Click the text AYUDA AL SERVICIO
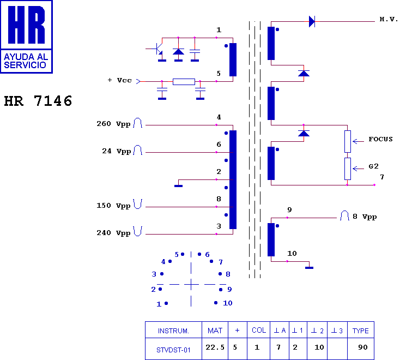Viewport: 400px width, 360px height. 26,61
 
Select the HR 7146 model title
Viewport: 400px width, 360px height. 38,101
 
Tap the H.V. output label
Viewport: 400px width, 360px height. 389,20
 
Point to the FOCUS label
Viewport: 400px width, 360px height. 380,139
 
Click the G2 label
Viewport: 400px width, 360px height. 373,166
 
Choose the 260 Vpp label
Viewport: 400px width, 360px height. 113,124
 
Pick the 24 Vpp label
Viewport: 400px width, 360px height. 116,151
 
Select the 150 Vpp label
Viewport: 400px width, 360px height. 113,206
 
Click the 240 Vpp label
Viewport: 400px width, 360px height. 113,232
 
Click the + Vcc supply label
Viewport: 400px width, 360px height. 120,80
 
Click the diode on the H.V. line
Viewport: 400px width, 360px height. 312,21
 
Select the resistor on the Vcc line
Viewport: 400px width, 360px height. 184,82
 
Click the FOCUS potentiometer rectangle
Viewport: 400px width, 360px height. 347,141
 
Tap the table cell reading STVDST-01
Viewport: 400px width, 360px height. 173,350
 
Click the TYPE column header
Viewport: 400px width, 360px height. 360,331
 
